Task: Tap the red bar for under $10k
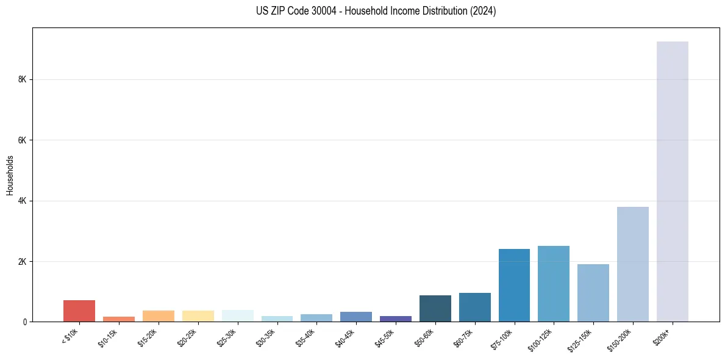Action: click(x=79, y=311)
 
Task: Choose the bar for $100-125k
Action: click(x=554, y=284)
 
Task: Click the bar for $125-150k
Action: click(x=593, y=293)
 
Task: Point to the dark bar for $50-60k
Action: click(x=435, y=308)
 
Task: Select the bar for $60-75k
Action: click(x=474, y=307)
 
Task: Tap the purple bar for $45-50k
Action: click(x=396, y=319)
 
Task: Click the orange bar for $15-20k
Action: click(x=159, y=316)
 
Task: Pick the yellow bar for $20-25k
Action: click(x=198, y=316)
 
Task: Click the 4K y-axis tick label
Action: click(x=22, y=201)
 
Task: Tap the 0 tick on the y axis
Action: click(x=24, y=322)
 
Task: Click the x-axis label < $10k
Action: click(x=70, y=336)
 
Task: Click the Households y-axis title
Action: click(x=10, y=175)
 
